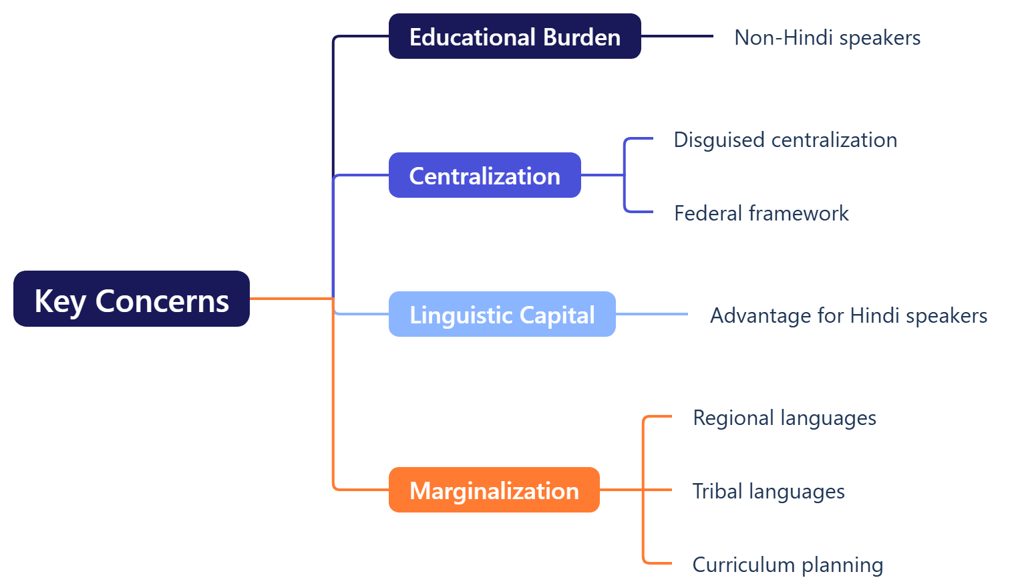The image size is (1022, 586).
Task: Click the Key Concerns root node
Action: pos(132,299)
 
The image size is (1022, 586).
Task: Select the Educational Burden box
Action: pos(514,36)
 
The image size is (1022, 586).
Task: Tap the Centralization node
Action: pos(484,175)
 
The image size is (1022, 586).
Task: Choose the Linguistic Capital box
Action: pos(502,314)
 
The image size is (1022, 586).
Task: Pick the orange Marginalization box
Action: pos(494,490)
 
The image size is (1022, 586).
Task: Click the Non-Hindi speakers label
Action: pos(827,37)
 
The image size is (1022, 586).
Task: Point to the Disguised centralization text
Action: pos(785,140)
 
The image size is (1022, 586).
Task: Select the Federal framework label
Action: pos(761,213)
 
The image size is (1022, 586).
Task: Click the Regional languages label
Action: pos(784,418)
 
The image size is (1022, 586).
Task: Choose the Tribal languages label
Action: pos(768,491)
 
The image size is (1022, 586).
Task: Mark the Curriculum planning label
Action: pos(788,565)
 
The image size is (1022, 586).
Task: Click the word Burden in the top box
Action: pos(582,37)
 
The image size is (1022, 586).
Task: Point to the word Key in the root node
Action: pos(59,301)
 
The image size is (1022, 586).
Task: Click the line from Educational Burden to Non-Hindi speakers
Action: pos(677,36)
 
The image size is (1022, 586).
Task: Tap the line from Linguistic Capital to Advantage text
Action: pos(651,314)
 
